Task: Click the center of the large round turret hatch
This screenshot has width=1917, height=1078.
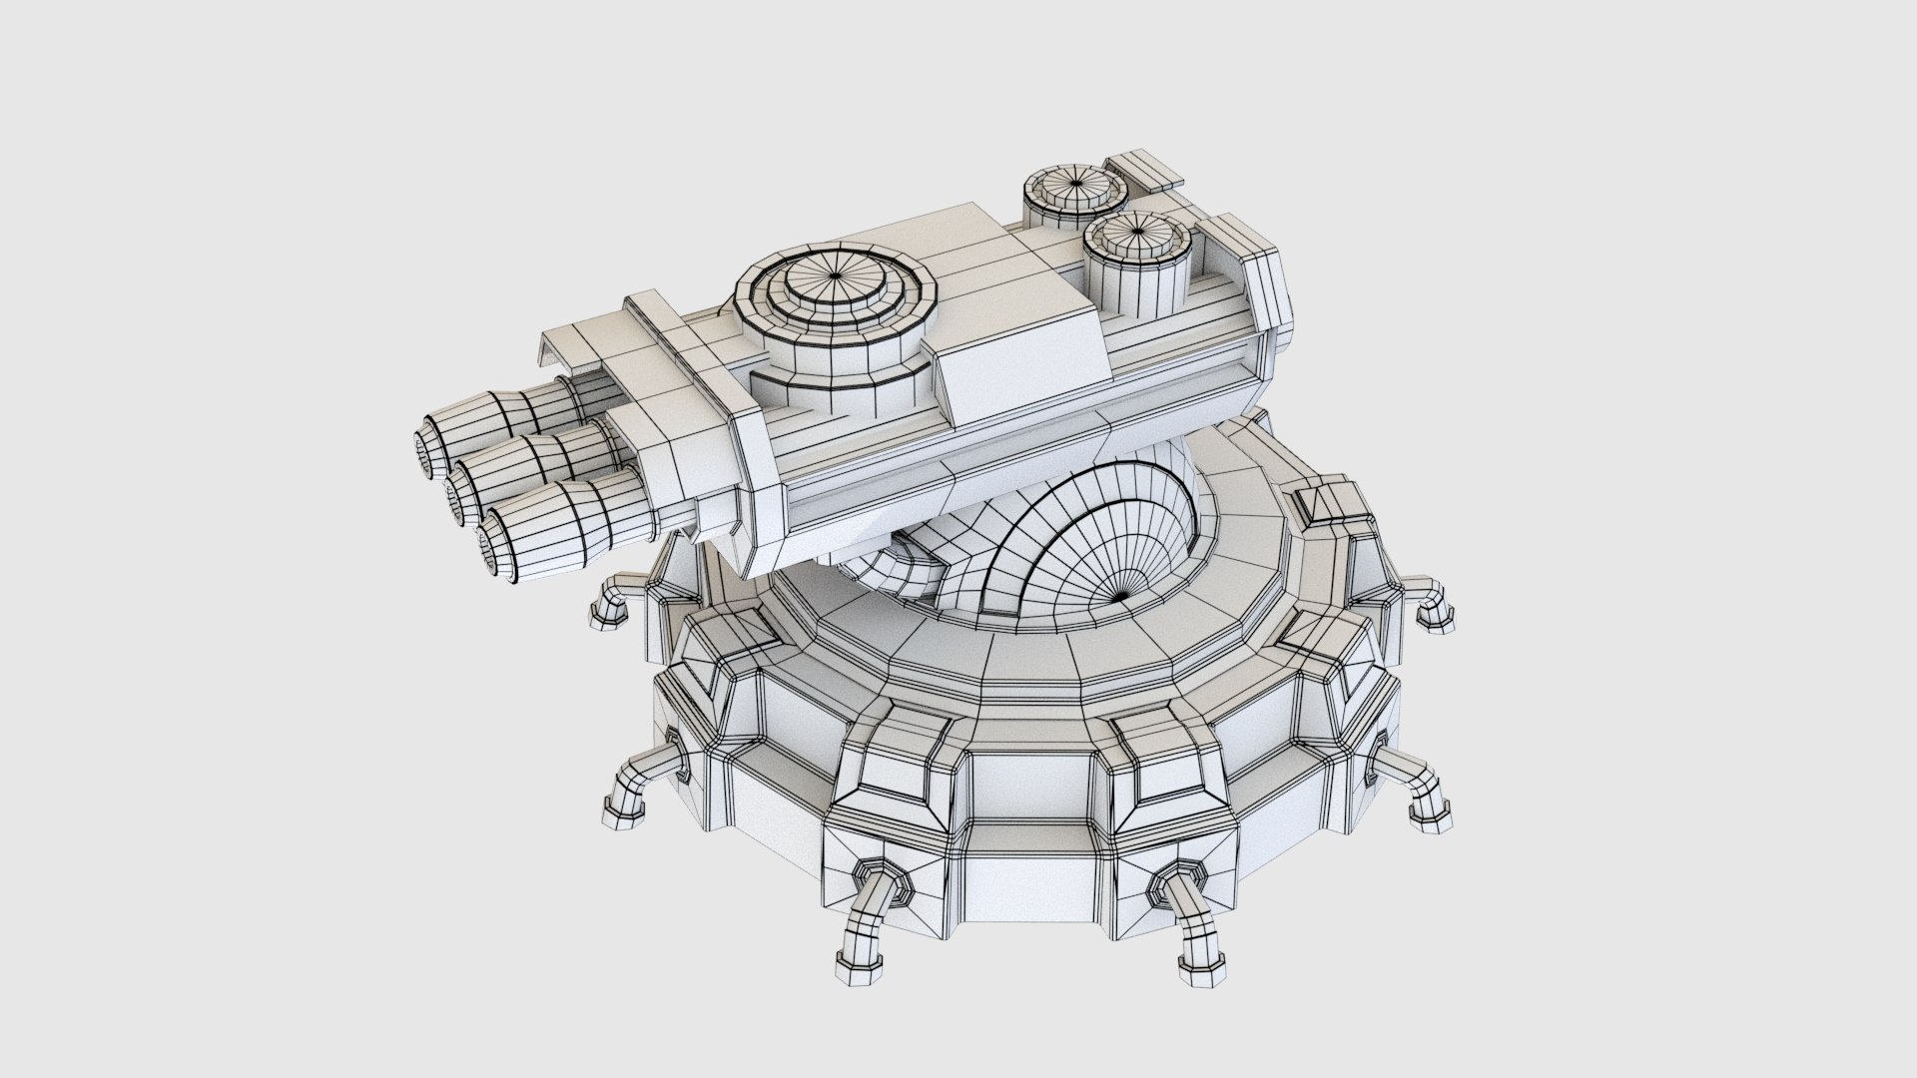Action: tap(835, 276)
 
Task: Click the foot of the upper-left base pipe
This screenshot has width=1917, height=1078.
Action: tap(604, 619)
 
